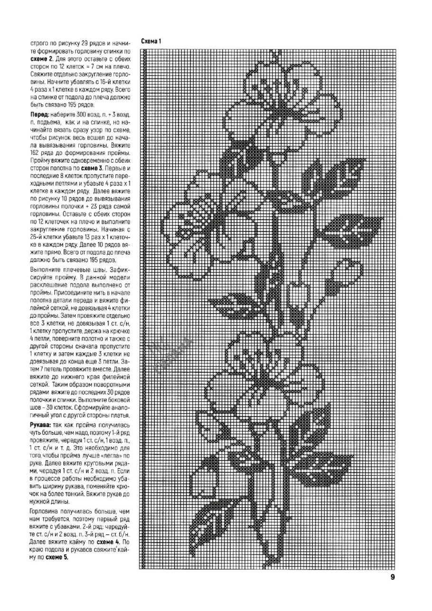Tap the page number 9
[x=393, y=577]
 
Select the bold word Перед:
[x=40, y=115]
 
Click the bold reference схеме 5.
[x=57, y=557]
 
